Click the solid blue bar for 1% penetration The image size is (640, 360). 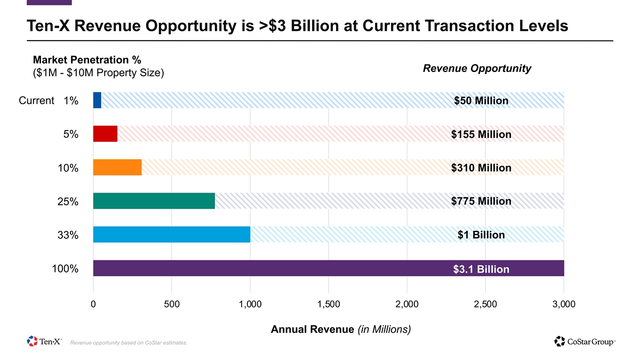click(x=97, y=100)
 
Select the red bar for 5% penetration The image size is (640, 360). click(x=105, y=134)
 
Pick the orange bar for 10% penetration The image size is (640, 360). click(x=117, y=167)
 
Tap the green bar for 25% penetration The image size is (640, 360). click(x=154, y=201)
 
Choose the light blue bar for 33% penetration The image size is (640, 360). click(x=171, y=235)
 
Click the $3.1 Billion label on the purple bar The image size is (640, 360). click(x=481, y=269)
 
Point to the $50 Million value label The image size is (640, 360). click(x=481, y=101)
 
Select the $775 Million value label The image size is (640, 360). click(x=481, y=201)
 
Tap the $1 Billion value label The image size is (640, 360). click(x=481, y=235)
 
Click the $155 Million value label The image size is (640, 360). click(x=481, y=134)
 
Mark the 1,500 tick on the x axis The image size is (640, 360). click(x=329, y=304)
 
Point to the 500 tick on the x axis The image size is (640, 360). click(x=172, y=304)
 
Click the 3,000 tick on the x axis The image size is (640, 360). click(x=564, y=304)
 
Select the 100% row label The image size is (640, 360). click(x=65, y=269)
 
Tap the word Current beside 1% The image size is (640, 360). click(x=36, y=100)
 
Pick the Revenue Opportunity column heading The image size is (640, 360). click(x=477, y=68)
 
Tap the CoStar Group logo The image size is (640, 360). click(x=585, y=341)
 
